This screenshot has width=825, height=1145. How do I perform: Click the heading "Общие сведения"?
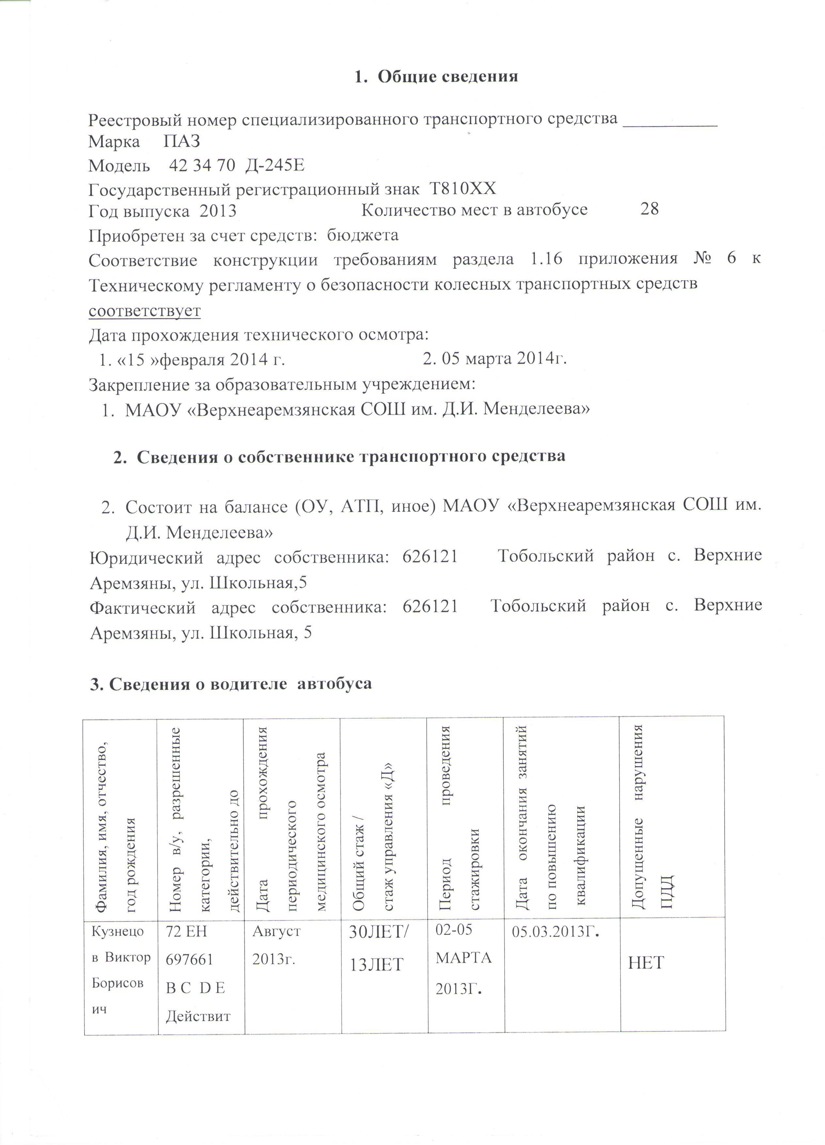pyautogui.click(x=447, y=76)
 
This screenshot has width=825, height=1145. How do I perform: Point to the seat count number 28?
pyautogui.click(x=649, y=209)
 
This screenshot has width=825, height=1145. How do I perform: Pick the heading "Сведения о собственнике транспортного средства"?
pyautogui.click(x=351, y=456)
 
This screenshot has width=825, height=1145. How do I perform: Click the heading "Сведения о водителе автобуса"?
pyautogui.click(x=231, y=684)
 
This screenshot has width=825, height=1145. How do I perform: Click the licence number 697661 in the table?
pyautogui.click(x=190, y=959)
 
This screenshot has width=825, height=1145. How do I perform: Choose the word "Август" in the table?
pyautogui.click(x=276, y=931)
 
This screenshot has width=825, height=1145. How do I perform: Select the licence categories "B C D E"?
pyautogui.click(x=196, y=988)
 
